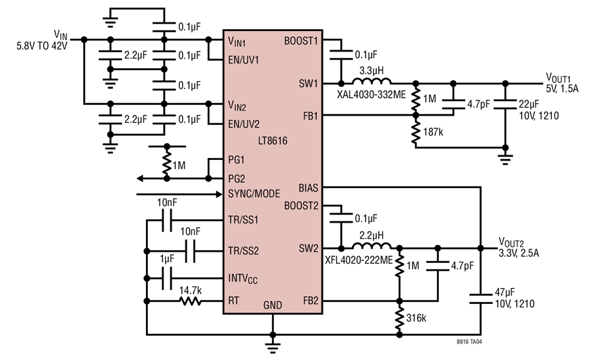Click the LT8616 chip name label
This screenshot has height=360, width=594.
(273, 141)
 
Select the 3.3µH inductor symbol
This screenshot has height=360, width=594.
(371, 81)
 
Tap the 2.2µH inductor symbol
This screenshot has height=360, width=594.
(371, 246)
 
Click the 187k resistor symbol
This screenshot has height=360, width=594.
(416, 131)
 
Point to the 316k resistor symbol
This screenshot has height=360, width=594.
(399, 318)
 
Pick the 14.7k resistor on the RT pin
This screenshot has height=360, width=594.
(190, 301)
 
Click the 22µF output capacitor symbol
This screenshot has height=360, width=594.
(505, 104)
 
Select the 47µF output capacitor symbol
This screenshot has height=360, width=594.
(480, 299)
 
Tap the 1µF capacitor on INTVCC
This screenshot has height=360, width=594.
(167, 278)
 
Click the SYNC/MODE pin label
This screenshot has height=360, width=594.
(254, 194)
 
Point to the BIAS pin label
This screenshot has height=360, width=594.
(308, 188)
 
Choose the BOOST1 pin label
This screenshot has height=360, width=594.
(301, 40)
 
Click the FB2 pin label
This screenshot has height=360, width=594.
(311, 301)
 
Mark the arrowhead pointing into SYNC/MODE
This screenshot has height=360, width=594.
(218, 194)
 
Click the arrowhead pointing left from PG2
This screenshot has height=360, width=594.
(140, 178)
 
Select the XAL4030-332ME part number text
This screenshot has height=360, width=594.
(371, 94)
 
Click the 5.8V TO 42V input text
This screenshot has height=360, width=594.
(42, 46)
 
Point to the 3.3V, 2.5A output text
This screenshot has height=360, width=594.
(519, 253)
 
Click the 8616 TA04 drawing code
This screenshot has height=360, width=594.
(469, 342)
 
